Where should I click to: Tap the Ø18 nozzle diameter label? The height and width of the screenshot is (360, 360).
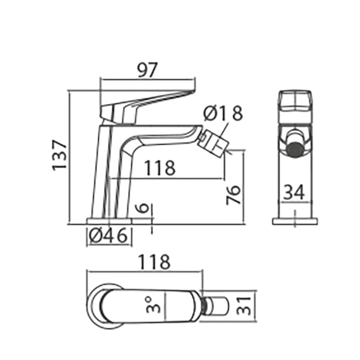[223, 112]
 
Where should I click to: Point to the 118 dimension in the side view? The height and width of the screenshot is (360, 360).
[159, 168]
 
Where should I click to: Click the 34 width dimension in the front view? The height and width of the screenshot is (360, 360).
[294, 193]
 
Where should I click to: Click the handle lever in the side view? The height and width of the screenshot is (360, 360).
[150, 101]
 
